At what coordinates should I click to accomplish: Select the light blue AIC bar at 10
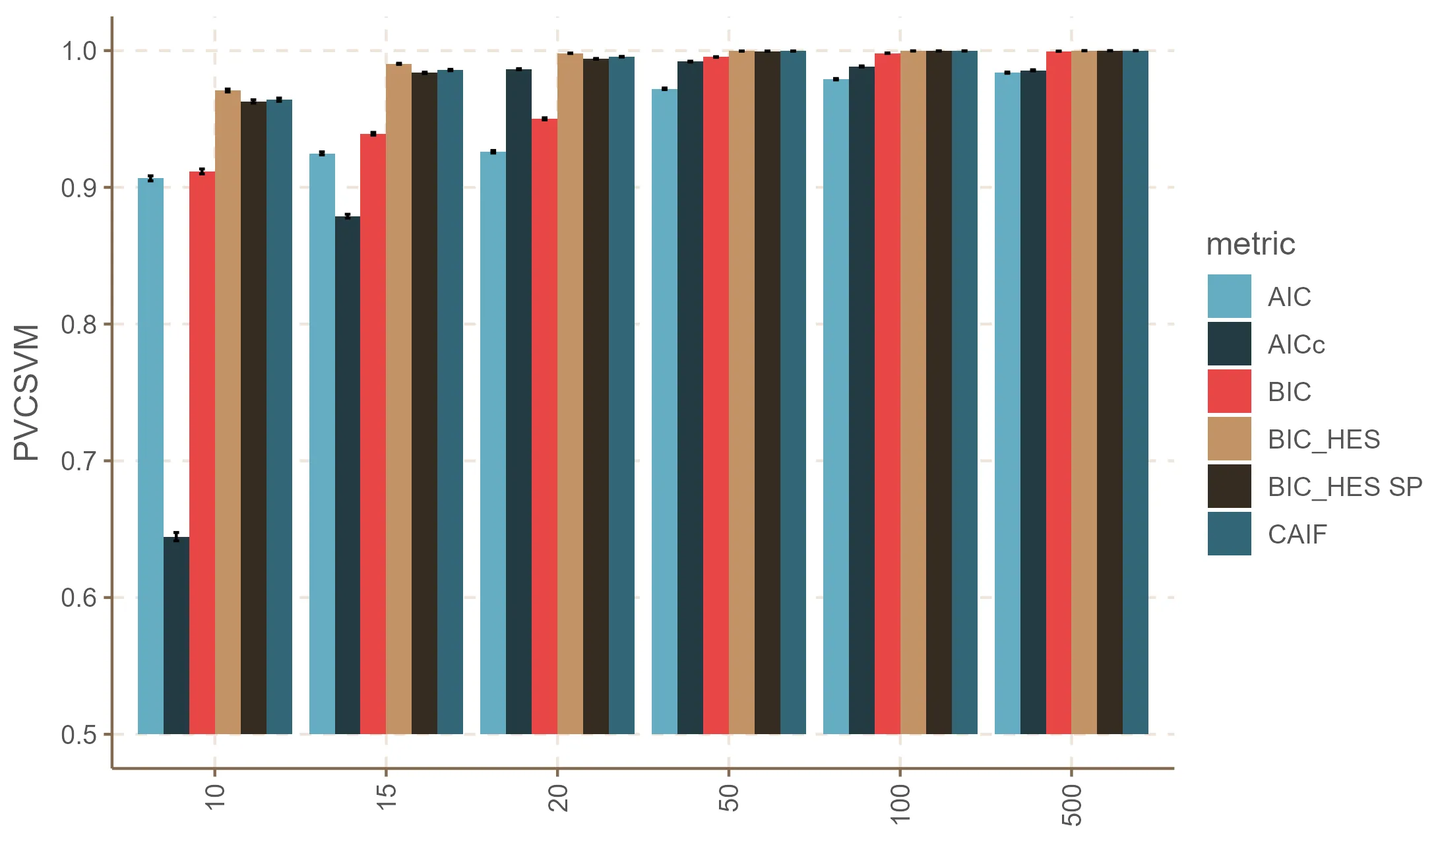coord(150,456)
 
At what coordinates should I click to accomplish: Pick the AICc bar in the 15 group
coord(348,475)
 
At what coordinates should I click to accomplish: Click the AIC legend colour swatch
coord(1229,297)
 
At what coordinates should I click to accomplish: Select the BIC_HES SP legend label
coord(1344,487)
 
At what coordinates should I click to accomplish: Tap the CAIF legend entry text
coord(1297,534)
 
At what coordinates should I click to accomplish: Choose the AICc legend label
coord(1296,344)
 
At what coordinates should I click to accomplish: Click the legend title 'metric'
coord(1250,244)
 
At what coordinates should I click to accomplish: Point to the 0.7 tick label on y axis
coord(78,461)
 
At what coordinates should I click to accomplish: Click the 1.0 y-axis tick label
coord(78,51)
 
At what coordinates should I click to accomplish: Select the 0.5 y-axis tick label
coord(78,735)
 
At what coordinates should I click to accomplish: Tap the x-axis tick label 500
coord(1072,805)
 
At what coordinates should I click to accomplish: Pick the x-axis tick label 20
coord(558,798)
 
